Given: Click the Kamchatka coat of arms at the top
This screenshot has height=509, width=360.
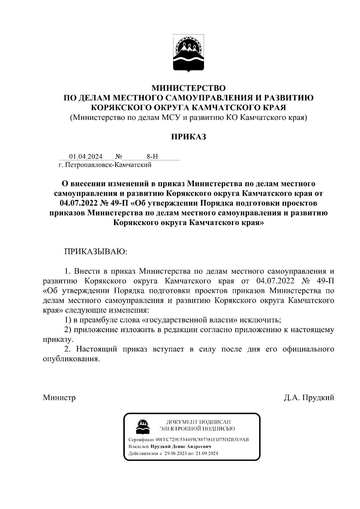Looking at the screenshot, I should coord(188,53).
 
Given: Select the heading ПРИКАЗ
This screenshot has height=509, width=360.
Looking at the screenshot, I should coord(188,137).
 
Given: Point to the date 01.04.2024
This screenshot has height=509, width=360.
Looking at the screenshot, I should coord(86,156).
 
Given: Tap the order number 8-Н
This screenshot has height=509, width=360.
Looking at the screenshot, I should coord(152,156).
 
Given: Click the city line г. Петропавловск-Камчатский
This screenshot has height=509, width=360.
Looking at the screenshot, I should coord(105,165).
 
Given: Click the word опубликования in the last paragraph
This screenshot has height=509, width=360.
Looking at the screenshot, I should coord(71,359).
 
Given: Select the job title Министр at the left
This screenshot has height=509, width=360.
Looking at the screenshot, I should coord(59,397).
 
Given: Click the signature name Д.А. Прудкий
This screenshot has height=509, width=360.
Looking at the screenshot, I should coord(309,397).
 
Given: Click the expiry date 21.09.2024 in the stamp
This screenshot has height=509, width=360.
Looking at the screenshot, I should coord(207,453).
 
